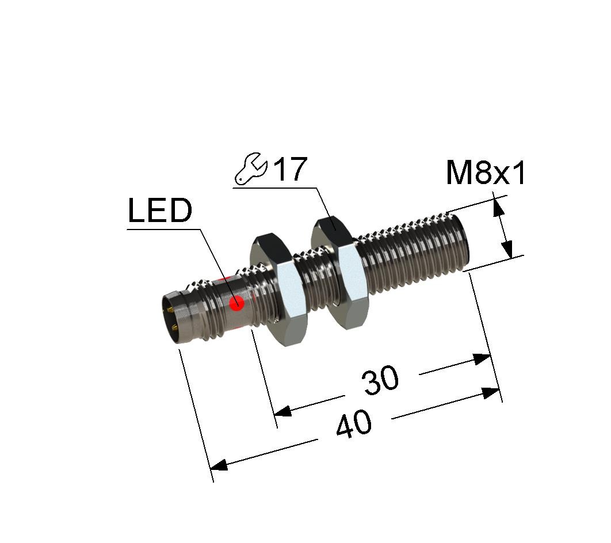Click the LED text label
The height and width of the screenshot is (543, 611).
tap(160, 211)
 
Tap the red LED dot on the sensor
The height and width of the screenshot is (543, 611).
tap(236, 303)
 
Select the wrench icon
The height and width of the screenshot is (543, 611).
tap(251, 169)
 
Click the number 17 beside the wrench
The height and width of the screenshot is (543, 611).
tap(291, 169)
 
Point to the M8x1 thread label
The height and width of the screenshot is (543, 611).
tap(486, 173)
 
